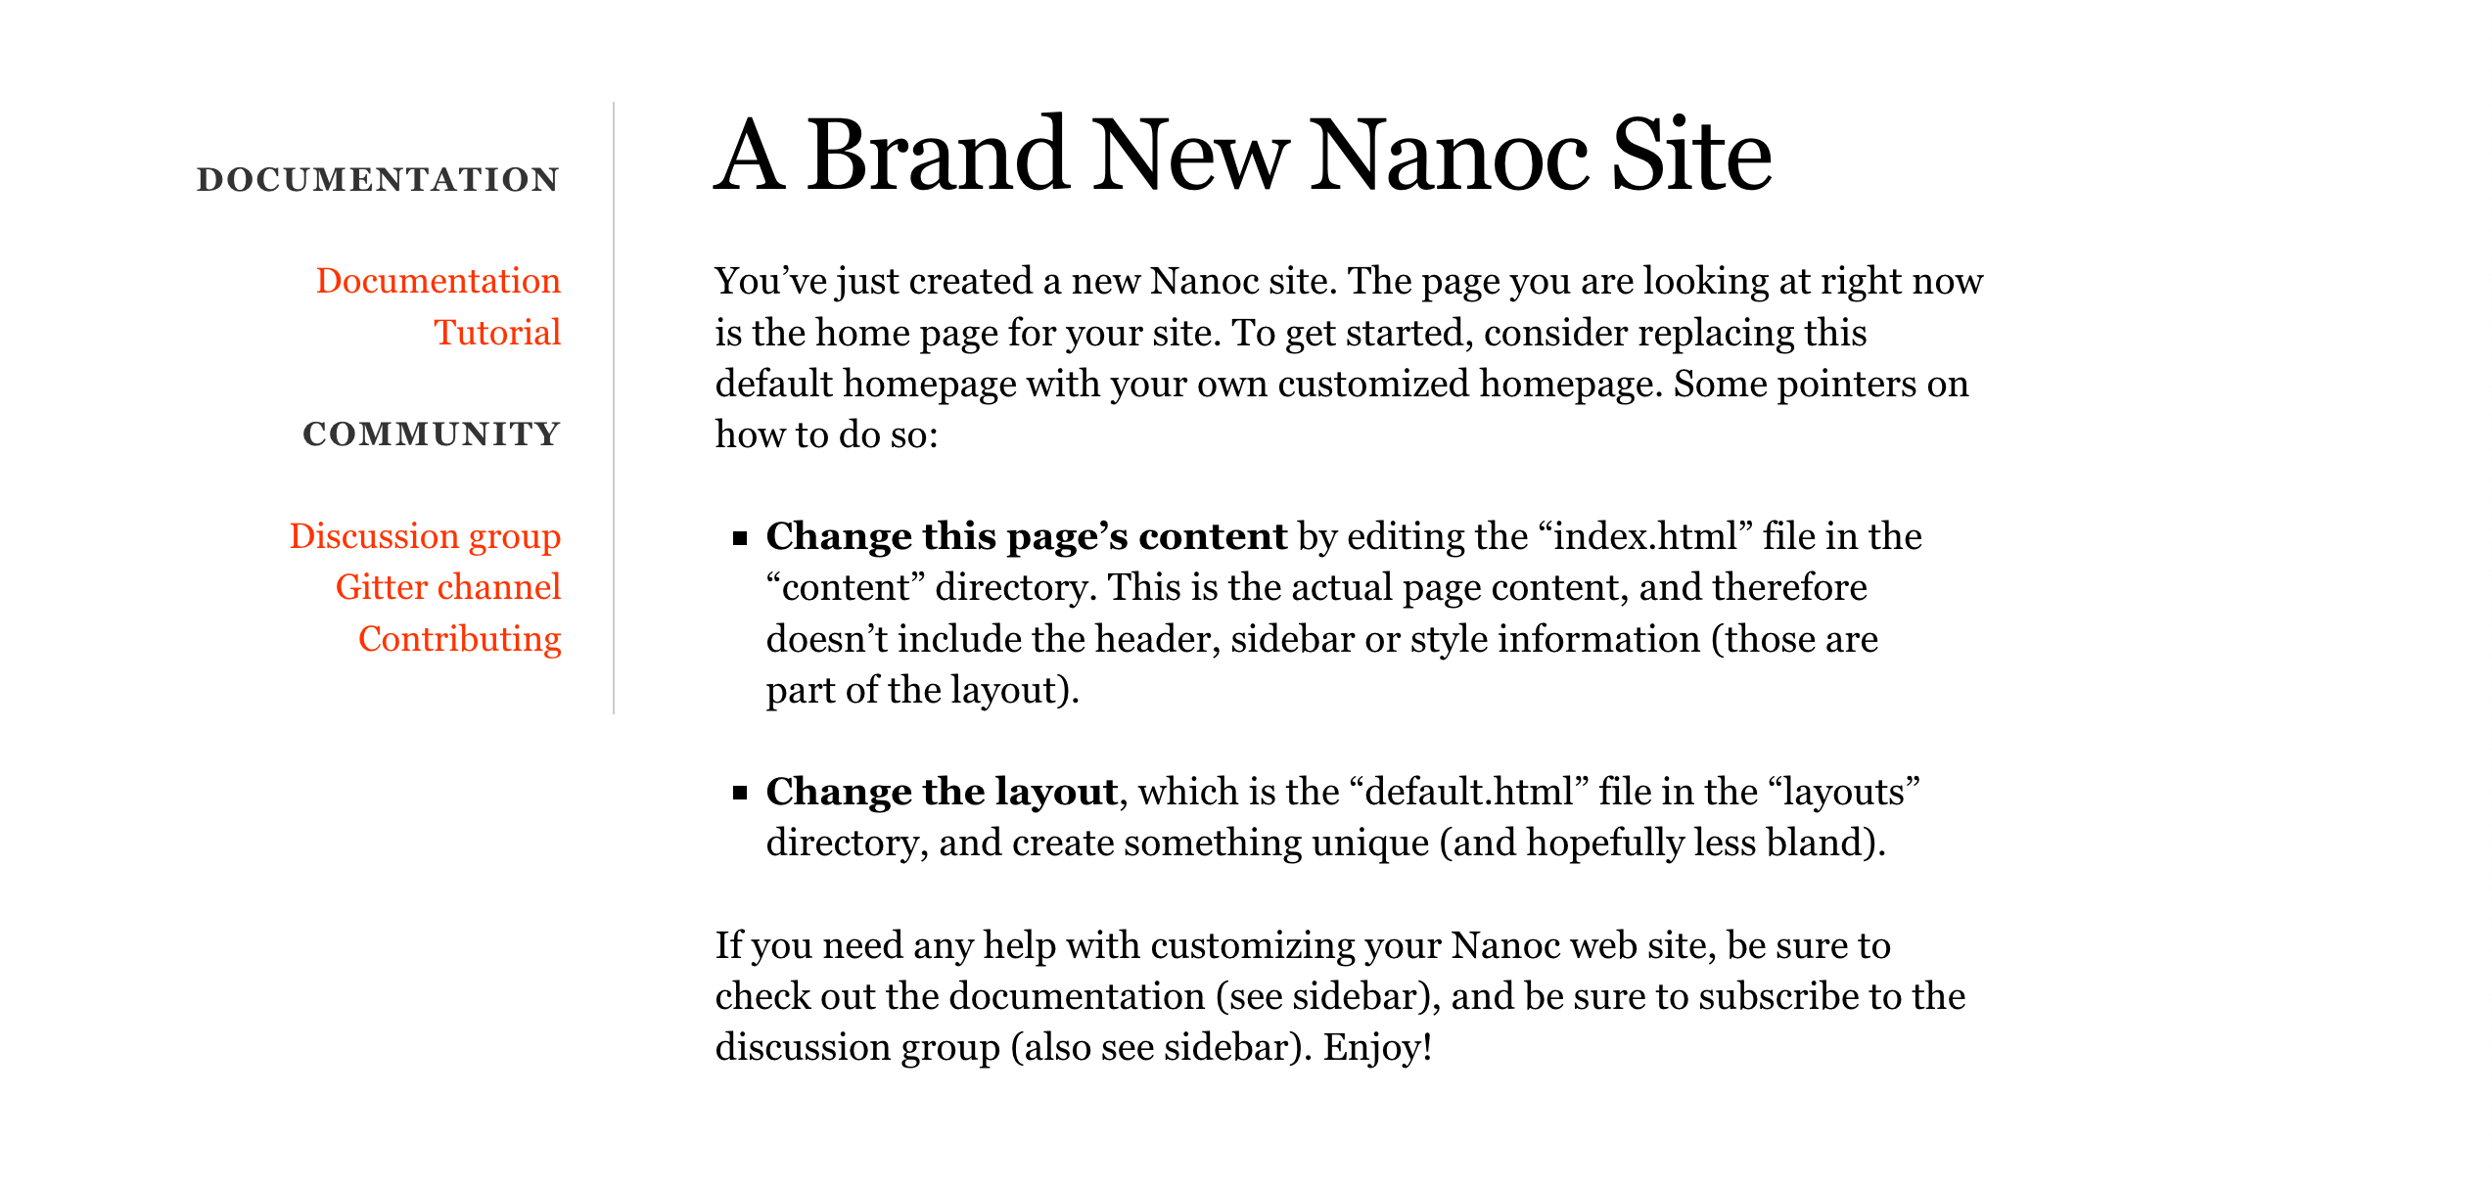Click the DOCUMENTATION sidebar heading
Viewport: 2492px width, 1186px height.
tap(378, 180)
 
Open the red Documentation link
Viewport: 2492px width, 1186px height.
tap(438, 281)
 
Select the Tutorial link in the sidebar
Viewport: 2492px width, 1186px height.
tap(497, 333)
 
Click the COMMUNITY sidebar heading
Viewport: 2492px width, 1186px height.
tap(432, 434)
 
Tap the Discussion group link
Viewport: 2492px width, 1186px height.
tap(425, 536)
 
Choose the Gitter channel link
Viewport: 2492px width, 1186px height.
tap(448, 587)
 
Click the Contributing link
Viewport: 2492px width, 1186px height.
tap(459, 639)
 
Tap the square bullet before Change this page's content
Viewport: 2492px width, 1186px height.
tap(740, 537)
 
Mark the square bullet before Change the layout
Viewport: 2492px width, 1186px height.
tap(740, 793)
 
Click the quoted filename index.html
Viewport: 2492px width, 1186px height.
tap(1643, 536)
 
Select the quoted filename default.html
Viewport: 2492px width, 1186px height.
tap(1474, 792)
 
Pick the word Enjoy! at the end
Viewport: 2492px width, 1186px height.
tap(1378, 1047)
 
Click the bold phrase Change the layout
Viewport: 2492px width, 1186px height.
tap(942, 792)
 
